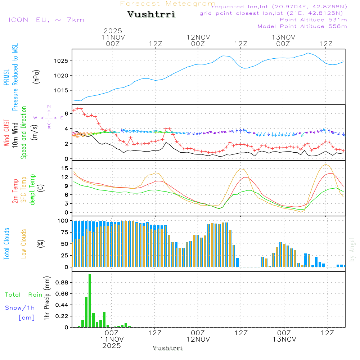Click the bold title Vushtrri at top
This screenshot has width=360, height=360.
(x=151, y=14)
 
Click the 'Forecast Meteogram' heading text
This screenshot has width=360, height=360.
(x=168, y=4)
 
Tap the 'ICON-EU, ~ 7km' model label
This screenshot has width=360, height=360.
(x=46, y=19)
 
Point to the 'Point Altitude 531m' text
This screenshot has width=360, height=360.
(x=313, y=20)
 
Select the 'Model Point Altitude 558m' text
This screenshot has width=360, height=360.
(x=302, y=26)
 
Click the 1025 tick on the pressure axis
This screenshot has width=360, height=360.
(x=62, y=61)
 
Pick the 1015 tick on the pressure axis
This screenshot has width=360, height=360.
(x=62, y=90)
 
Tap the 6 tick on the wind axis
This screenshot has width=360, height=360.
(x=66, y=113)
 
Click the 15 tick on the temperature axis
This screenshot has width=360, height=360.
(x=65, y=168)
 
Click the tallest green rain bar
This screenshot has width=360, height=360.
(x=90, y=301)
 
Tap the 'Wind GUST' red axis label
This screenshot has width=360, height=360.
(x=7, y=133)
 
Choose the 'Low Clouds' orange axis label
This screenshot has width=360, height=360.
(x=24, y=244)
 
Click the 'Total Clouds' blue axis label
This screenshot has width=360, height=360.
(x=7, y=244)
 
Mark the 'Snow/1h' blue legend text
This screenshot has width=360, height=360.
(x=20, y=308)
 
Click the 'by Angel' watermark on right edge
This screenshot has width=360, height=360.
(x=352, y=249)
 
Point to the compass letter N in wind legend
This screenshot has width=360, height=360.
(x=49, y=107)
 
